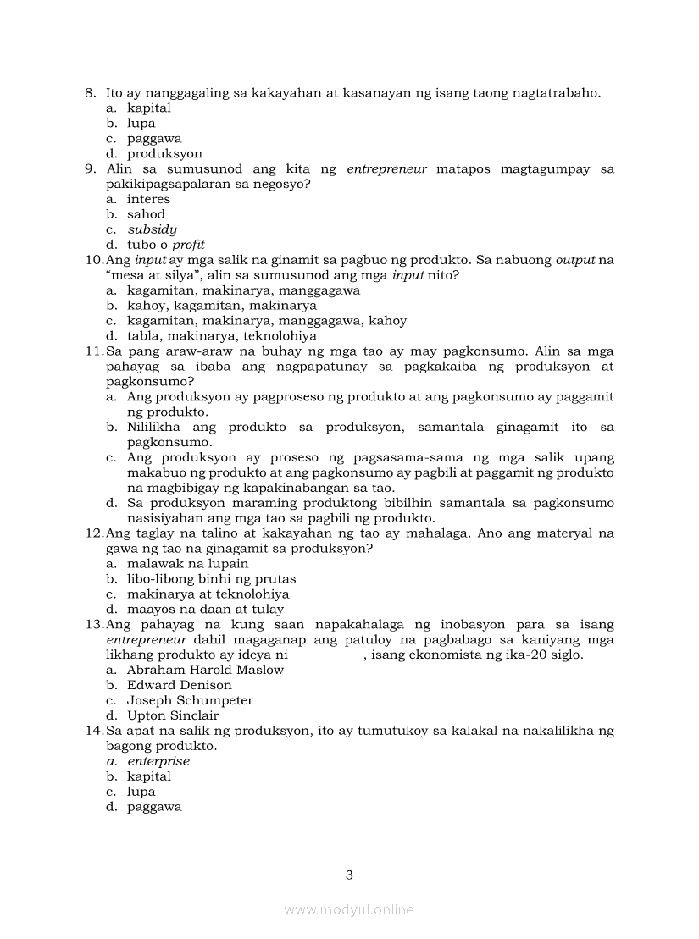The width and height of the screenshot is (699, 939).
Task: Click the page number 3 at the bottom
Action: click(x=349, y=875)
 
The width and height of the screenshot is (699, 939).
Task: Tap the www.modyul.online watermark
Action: click(x=349, y=910)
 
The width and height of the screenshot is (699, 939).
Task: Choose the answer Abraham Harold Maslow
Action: click(x=205, y=670)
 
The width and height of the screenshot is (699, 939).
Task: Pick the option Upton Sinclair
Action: click(x=173, y=715)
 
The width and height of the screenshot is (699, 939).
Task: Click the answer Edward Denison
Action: click(x=179, y=685)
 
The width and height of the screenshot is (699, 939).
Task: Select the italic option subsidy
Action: click(x=152, y=229)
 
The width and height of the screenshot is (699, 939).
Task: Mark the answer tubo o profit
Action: click(x=166, y=245)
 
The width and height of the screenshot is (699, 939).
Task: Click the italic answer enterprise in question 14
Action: click(x=158, y=761)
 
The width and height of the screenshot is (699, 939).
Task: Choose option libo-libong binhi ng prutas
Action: click(x=211, y=579)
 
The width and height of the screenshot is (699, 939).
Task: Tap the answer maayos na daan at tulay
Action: click(x=205, y=609)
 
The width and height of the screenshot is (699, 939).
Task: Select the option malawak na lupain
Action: click(x=187, y=564)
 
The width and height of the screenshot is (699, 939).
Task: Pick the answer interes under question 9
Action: click(x=148, y=199)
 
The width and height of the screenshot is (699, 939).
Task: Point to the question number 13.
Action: click(x=93, y=624)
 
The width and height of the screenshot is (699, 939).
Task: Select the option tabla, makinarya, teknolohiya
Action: click(x=221, y=336)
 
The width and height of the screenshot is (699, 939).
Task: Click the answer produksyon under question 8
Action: click(x=164, y=154)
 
